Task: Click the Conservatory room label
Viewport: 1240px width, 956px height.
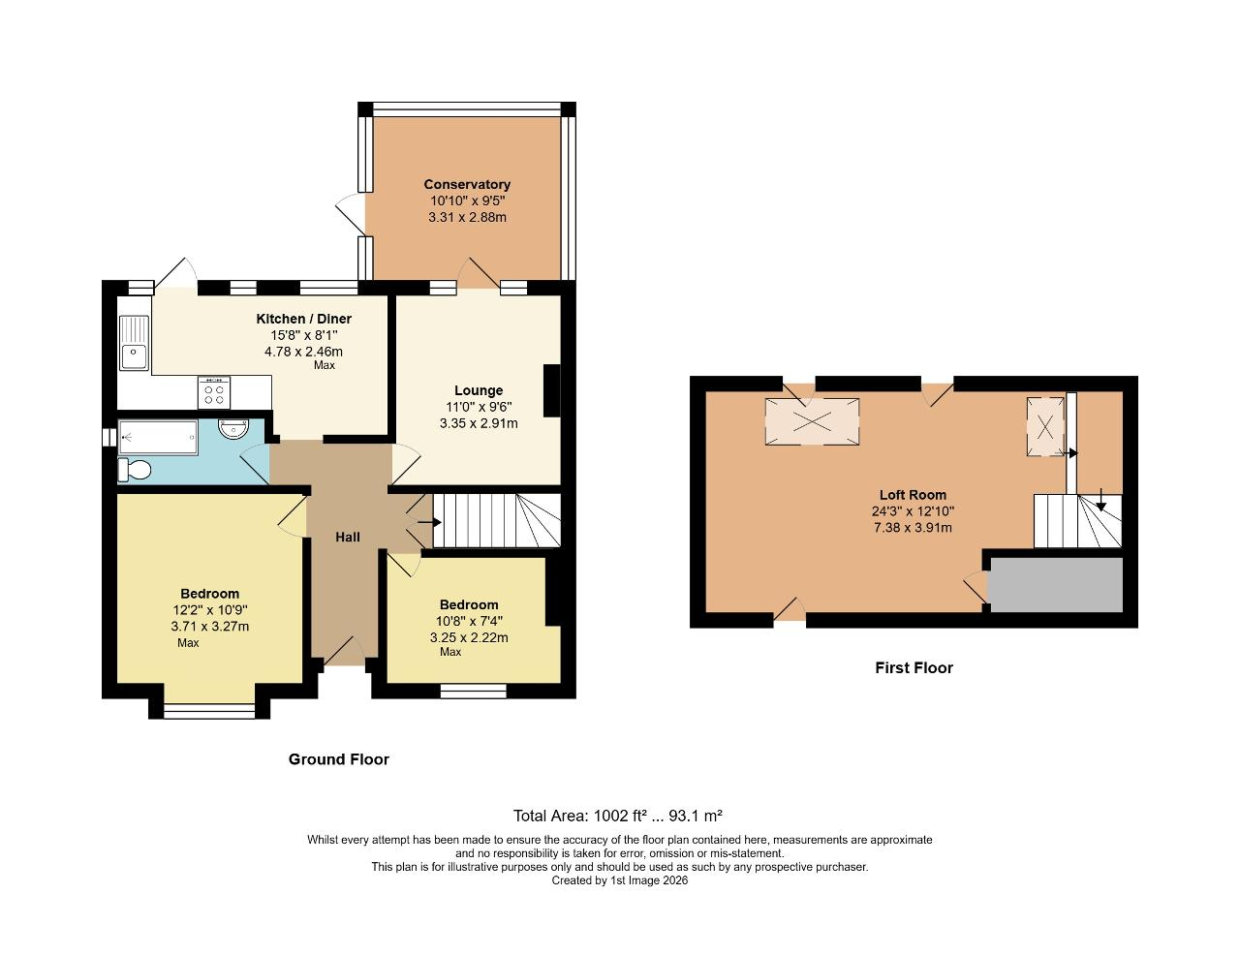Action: (x=467, y=184)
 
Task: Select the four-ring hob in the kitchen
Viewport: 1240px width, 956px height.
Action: (x=214, y=391)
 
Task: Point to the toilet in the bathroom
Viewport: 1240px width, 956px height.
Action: (x=134, y=471)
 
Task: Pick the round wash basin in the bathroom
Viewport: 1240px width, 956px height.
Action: (x=235, y=429)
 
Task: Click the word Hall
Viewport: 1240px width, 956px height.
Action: (x=348, y=537)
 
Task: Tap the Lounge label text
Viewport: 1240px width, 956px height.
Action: (x=479, y=390)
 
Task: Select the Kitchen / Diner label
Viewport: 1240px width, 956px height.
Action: (x=303, y=319)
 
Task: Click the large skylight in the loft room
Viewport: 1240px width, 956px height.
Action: (x=812, y=421)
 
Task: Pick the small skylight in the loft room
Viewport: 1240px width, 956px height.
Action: (x=1044, y=426)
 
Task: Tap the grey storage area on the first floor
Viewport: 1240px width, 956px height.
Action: (x=1057, y=584)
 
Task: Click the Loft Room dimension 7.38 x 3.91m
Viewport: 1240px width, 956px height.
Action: (x=913, y=528)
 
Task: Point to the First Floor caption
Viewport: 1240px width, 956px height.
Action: (x=914, y=667)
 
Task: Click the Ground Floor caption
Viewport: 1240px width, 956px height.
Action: (x=339, y=759)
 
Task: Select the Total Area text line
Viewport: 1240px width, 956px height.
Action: (x=618, y=816)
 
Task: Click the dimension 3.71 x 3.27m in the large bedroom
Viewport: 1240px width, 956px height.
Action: (x=209, y=627)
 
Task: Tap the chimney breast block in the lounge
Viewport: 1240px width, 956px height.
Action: (x=552, y=390)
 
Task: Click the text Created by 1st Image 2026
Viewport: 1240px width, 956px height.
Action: (x=619, y=880)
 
